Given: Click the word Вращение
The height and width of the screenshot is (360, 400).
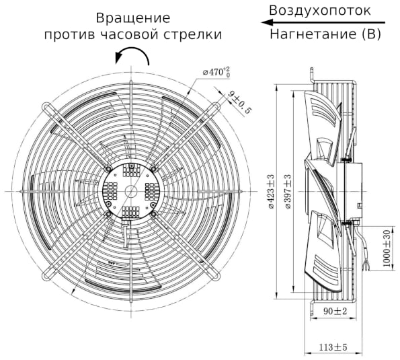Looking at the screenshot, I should (x=132, y=17).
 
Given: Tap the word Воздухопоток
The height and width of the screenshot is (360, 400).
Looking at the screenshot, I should (x=319, y=11).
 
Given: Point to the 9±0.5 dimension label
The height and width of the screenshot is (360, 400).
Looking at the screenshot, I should (x=238, y=101).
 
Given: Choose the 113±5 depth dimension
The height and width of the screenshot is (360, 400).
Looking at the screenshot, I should (x=332, y=347).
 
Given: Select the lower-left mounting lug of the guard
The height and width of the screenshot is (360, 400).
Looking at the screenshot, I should (x=47, y=275).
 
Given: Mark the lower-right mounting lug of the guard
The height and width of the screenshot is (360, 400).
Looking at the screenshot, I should (x=216, y=275).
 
